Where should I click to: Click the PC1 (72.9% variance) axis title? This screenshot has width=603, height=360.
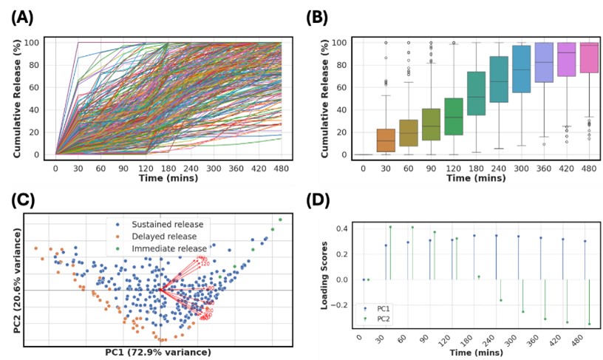point(159,353)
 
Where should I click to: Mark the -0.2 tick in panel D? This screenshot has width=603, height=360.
point(341,305)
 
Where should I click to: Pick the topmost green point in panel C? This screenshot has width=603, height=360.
point(281,220)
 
